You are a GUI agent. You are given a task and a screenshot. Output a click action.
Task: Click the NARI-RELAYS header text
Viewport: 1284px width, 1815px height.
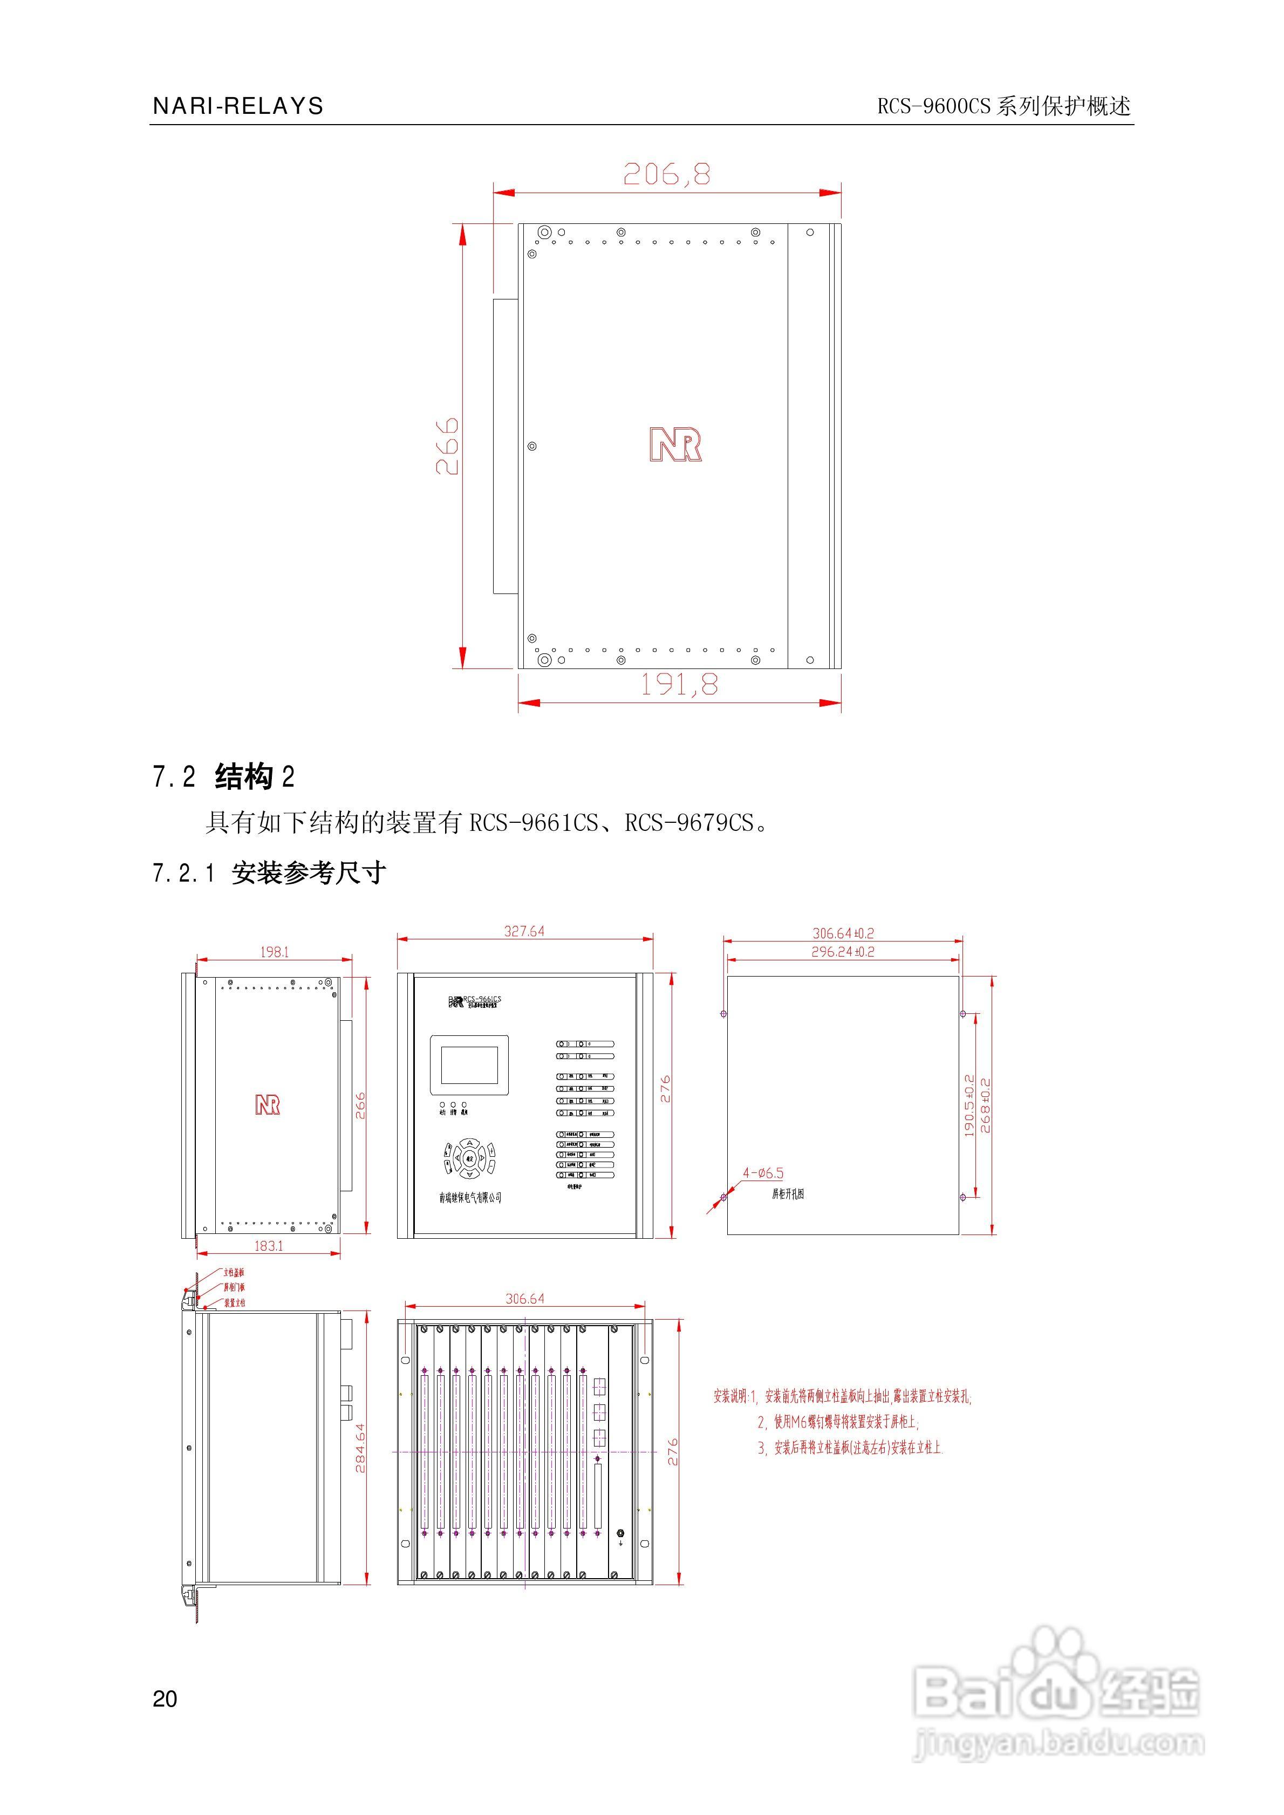[238, 106]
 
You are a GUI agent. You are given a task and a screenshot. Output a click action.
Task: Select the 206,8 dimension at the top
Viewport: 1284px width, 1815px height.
[666, 174]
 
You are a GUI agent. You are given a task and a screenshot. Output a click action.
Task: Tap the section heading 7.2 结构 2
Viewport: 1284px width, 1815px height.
[224, 777]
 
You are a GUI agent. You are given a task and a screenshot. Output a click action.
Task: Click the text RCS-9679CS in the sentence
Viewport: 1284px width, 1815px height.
[688, 823]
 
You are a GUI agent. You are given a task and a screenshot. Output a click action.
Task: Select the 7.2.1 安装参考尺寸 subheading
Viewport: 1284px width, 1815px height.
[269, 874]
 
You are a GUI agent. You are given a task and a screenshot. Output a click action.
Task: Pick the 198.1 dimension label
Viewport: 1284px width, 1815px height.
[275, 952]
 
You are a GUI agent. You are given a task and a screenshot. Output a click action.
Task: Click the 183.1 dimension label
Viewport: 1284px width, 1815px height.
[268, 1245]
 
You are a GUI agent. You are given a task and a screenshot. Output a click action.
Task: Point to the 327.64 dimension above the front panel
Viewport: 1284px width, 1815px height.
[524, 931]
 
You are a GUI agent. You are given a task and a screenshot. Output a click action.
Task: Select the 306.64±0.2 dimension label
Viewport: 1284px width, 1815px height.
[843, 933]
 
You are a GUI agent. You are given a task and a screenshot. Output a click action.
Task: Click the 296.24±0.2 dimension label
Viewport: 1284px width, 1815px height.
[843, 952]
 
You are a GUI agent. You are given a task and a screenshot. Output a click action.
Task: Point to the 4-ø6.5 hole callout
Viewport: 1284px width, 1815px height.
[763, 1173]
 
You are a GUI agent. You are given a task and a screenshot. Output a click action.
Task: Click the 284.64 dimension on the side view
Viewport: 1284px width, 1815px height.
[360, 1448]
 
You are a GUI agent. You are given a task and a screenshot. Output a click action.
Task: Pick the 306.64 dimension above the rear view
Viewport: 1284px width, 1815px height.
[524, 1299]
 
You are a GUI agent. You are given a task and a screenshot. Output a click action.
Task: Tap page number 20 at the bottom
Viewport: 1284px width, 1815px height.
[165, 1698]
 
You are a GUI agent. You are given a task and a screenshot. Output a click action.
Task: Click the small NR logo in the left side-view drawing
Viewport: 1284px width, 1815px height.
[267, 1104]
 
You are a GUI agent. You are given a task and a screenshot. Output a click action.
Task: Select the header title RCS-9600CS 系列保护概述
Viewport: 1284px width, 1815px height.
[1003, 106]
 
